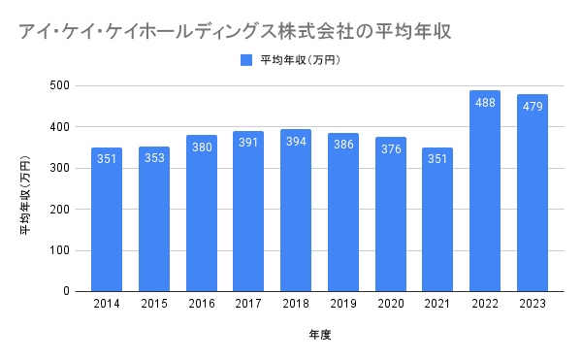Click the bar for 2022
(485, 191)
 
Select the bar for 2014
(107, 219)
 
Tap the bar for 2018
(296, 211)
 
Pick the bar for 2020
(391, 214)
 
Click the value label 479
(533, 107)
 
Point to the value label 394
(296, 142)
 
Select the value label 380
(202, 147)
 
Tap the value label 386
(343, 145)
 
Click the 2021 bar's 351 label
(437, 159)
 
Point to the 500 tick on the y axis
(60, 85)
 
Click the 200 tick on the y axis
(60, 210)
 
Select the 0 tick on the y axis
(66, 291)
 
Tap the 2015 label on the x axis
(154, 304)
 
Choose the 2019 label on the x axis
(343, 304)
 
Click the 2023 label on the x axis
(533, 304)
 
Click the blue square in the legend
(246, 60)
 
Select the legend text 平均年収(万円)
(301, 60)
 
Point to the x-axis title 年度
(319, 335)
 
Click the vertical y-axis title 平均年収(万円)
(25, 195)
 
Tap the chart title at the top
(235, 31)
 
